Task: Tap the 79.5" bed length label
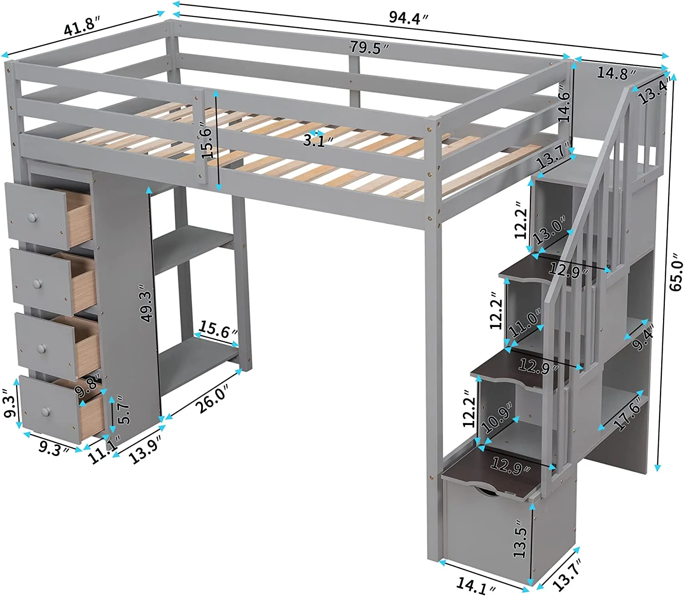click(x=369, y=47)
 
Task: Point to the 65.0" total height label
click(x=676, y=275)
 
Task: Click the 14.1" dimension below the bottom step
click(x=476, y=585)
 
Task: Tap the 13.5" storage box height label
click(x=520, y=541)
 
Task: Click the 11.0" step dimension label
click(x=526, y=322)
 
